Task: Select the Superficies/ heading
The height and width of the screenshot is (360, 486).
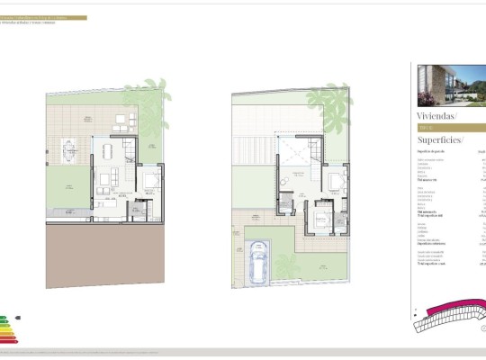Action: pyautogui.click(x=439, y=139)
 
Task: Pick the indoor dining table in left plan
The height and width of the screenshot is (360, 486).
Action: pyautogui.click(x=109, y=148)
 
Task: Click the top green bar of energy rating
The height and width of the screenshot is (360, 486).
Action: pyautogui.click(x=4, y=317)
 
